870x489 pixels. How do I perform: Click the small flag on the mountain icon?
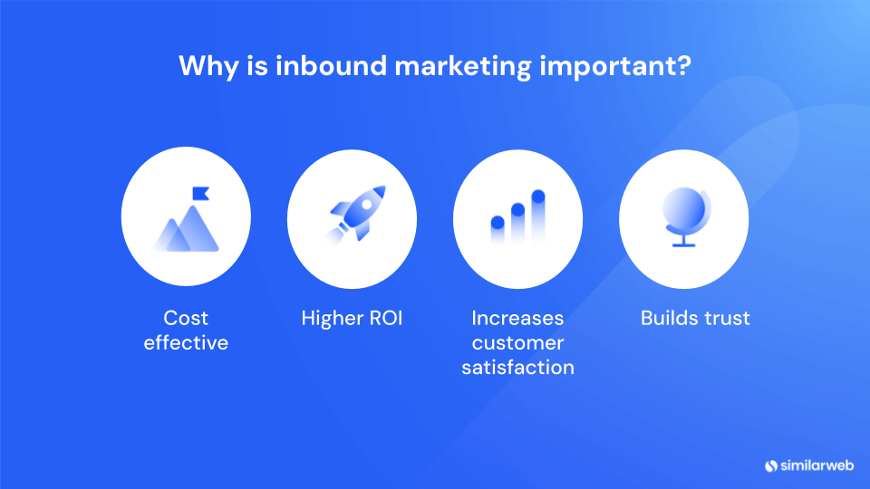[x=199, y=193]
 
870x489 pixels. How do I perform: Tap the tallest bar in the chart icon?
[x=537, y=216]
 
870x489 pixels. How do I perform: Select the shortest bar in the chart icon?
[x=497, y=231]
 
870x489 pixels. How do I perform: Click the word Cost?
[x=186, y=319]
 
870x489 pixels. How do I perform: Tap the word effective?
[x=186, y=343]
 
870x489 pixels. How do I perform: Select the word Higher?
[x=331, y=319]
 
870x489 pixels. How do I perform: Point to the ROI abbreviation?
[x=383, y=319]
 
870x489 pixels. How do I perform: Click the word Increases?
[x=517, y=319]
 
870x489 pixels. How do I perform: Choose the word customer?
[x=517, y=343]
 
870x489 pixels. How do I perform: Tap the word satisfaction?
[x=517, y=368]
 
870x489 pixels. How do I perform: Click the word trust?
[x=724, y=319]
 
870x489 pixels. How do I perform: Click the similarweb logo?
[x=808, y=465]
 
